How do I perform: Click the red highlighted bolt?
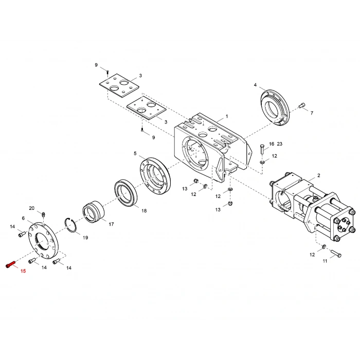coord(10,264)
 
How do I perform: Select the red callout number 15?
coord(23,271)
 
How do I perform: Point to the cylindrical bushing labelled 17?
coord(93,212)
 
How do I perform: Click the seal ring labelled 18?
coord(125,192)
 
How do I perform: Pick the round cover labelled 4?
coord(275,107)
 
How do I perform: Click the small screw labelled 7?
coord(302,105)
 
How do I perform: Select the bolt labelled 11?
coord(336,253)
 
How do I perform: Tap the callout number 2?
coord(319,175)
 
